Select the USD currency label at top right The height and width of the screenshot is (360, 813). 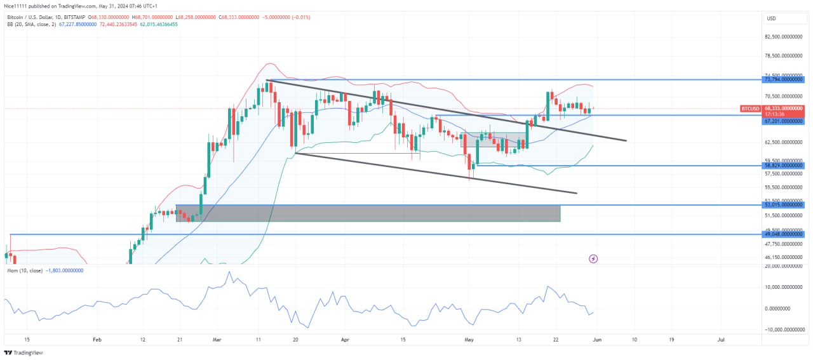coord(771,18)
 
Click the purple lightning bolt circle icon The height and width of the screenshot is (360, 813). coord(593,258)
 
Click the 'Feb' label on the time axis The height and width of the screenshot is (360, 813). coord(96,340)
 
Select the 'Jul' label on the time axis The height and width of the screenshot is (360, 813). coord(721,340)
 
